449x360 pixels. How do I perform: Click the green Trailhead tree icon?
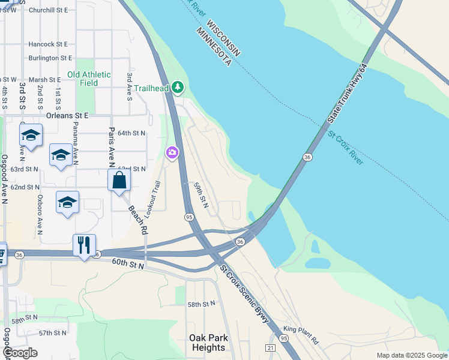coord(177,88)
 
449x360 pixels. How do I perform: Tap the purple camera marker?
coord(172,154)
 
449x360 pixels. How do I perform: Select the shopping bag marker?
coord(119,180)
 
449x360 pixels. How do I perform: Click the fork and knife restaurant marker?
coord(84,245)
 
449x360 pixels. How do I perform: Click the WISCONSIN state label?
coord(223,38)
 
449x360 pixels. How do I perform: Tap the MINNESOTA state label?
coord(212,46)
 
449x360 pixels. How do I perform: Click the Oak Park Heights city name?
coord(208,343)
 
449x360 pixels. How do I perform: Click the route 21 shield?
coord(271,348)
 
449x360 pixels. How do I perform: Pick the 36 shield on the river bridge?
coord(307,157)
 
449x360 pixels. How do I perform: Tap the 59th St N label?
coord(200,196)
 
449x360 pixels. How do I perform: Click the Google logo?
coord(20,353)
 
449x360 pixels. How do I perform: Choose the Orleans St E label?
coord(67,115)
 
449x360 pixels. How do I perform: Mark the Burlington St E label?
coord(50,58)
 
